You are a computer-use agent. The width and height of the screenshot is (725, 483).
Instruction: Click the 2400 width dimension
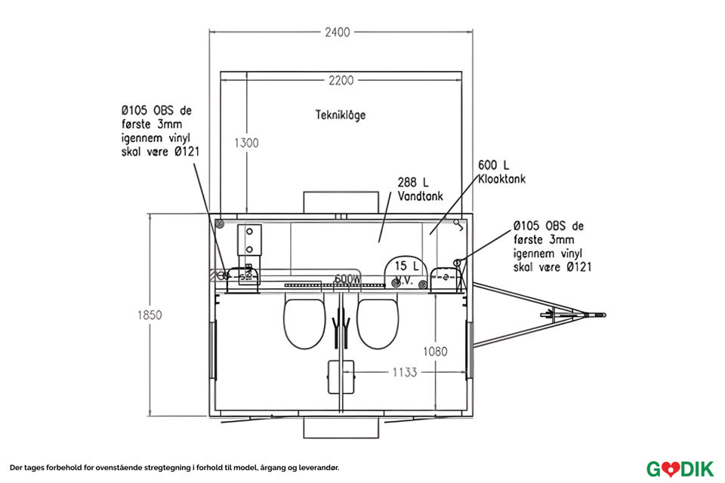pos(338,32)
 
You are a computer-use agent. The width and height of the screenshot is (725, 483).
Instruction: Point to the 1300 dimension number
pos(248,143)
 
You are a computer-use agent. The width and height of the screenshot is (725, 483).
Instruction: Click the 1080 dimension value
pos(436,351)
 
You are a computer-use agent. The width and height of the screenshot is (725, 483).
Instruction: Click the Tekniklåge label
pos(341,115)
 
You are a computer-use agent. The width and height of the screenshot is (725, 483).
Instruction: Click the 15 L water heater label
pos(406,271)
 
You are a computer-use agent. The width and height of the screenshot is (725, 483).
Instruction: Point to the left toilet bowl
pos(304,322)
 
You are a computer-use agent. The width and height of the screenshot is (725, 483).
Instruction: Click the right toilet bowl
pos(378,322)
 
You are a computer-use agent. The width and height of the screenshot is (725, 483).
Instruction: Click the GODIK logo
pos(680,468)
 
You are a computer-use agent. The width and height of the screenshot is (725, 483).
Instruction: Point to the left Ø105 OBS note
pos(156,131)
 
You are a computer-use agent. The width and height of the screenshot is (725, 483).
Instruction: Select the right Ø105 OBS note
pos(551,246)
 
